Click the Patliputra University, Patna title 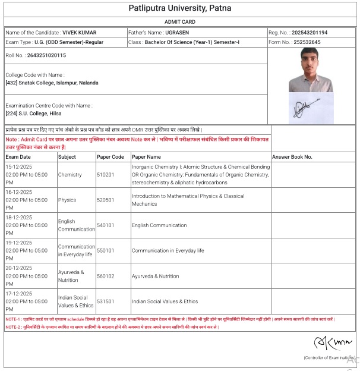[x=180, y=8]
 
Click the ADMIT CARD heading [x=180, y=21]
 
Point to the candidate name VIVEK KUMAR [x=79, y=32]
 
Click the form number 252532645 [x=308, y=43]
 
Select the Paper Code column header [x=110, y=157]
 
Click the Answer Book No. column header [x=292, y=157]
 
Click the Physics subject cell [x=67, y=200]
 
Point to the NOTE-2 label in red [x=13, y=327]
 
